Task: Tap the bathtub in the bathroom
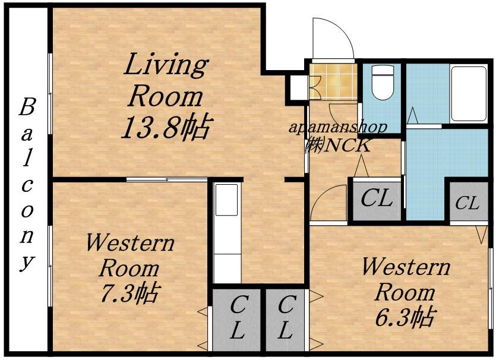click(469, 93)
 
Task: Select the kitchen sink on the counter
click(226, 200)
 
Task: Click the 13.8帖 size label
click(166, 128)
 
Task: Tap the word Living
click(166, 65)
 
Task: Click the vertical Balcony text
click(27, 184)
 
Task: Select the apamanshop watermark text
click(338, 128)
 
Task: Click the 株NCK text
click(338, 146)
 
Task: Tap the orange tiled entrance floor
click(333, 81)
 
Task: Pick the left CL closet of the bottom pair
click(236, 320)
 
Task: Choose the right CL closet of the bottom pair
click(285, 320)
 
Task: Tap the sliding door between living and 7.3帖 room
click(167, 179)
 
